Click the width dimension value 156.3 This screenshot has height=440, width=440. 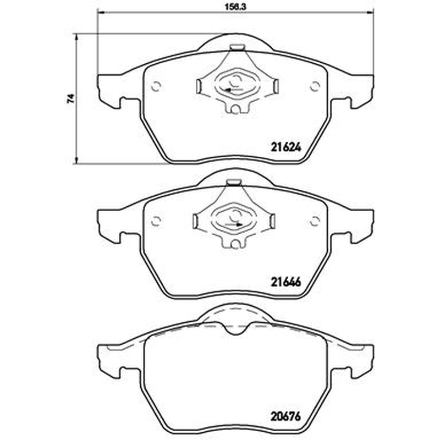point(235,7)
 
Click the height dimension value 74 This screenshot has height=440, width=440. point(71,98)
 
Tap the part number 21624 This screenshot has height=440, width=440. point(285,147)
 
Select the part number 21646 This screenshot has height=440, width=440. point(285,282)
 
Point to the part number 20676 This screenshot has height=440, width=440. point(285,416)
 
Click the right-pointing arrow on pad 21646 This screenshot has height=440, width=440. point(234,224)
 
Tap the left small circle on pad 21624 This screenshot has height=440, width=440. point(156,86)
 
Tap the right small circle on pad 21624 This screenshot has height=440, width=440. point(315,86)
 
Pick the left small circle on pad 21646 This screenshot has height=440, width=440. point(156,221)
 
